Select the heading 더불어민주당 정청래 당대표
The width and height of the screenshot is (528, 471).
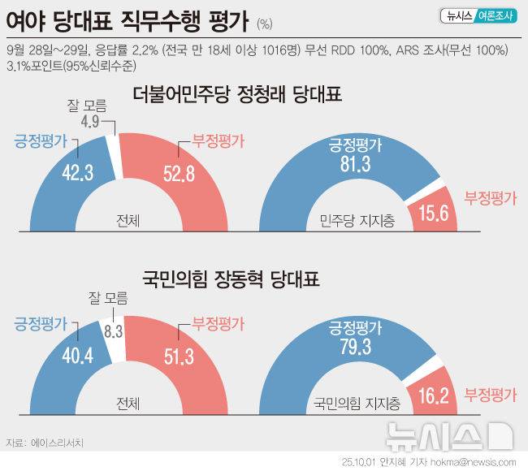pos(237,95)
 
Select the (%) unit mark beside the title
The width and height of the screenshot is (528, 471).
pos(265,23)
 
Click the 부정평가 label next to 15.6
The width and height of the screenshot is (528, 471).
pos(490,197)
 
